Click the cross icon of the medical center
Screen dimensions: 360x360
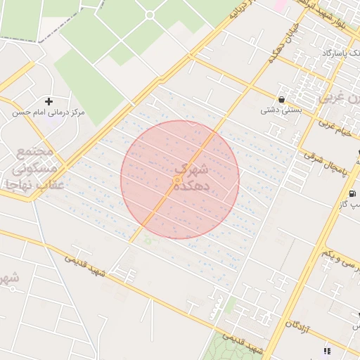coord(49,102)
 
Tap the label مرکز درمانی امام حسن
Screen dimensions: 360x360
coord(49,112)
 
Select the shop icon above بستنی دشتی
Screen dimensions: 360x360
coord(282,100)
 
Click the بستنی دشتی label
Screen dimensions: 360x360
coord(281,110)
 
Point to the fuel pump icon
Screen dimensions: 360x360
coord(352,193)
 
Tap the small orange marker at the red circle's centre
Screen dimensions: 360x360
coord(177,181)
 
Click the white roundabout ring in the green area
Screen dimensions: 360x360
coord(149,15)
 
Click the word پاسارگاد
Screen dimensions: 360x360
coord(324,53)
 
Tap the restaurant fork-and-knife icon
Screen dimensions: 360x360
coord(327,350)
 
